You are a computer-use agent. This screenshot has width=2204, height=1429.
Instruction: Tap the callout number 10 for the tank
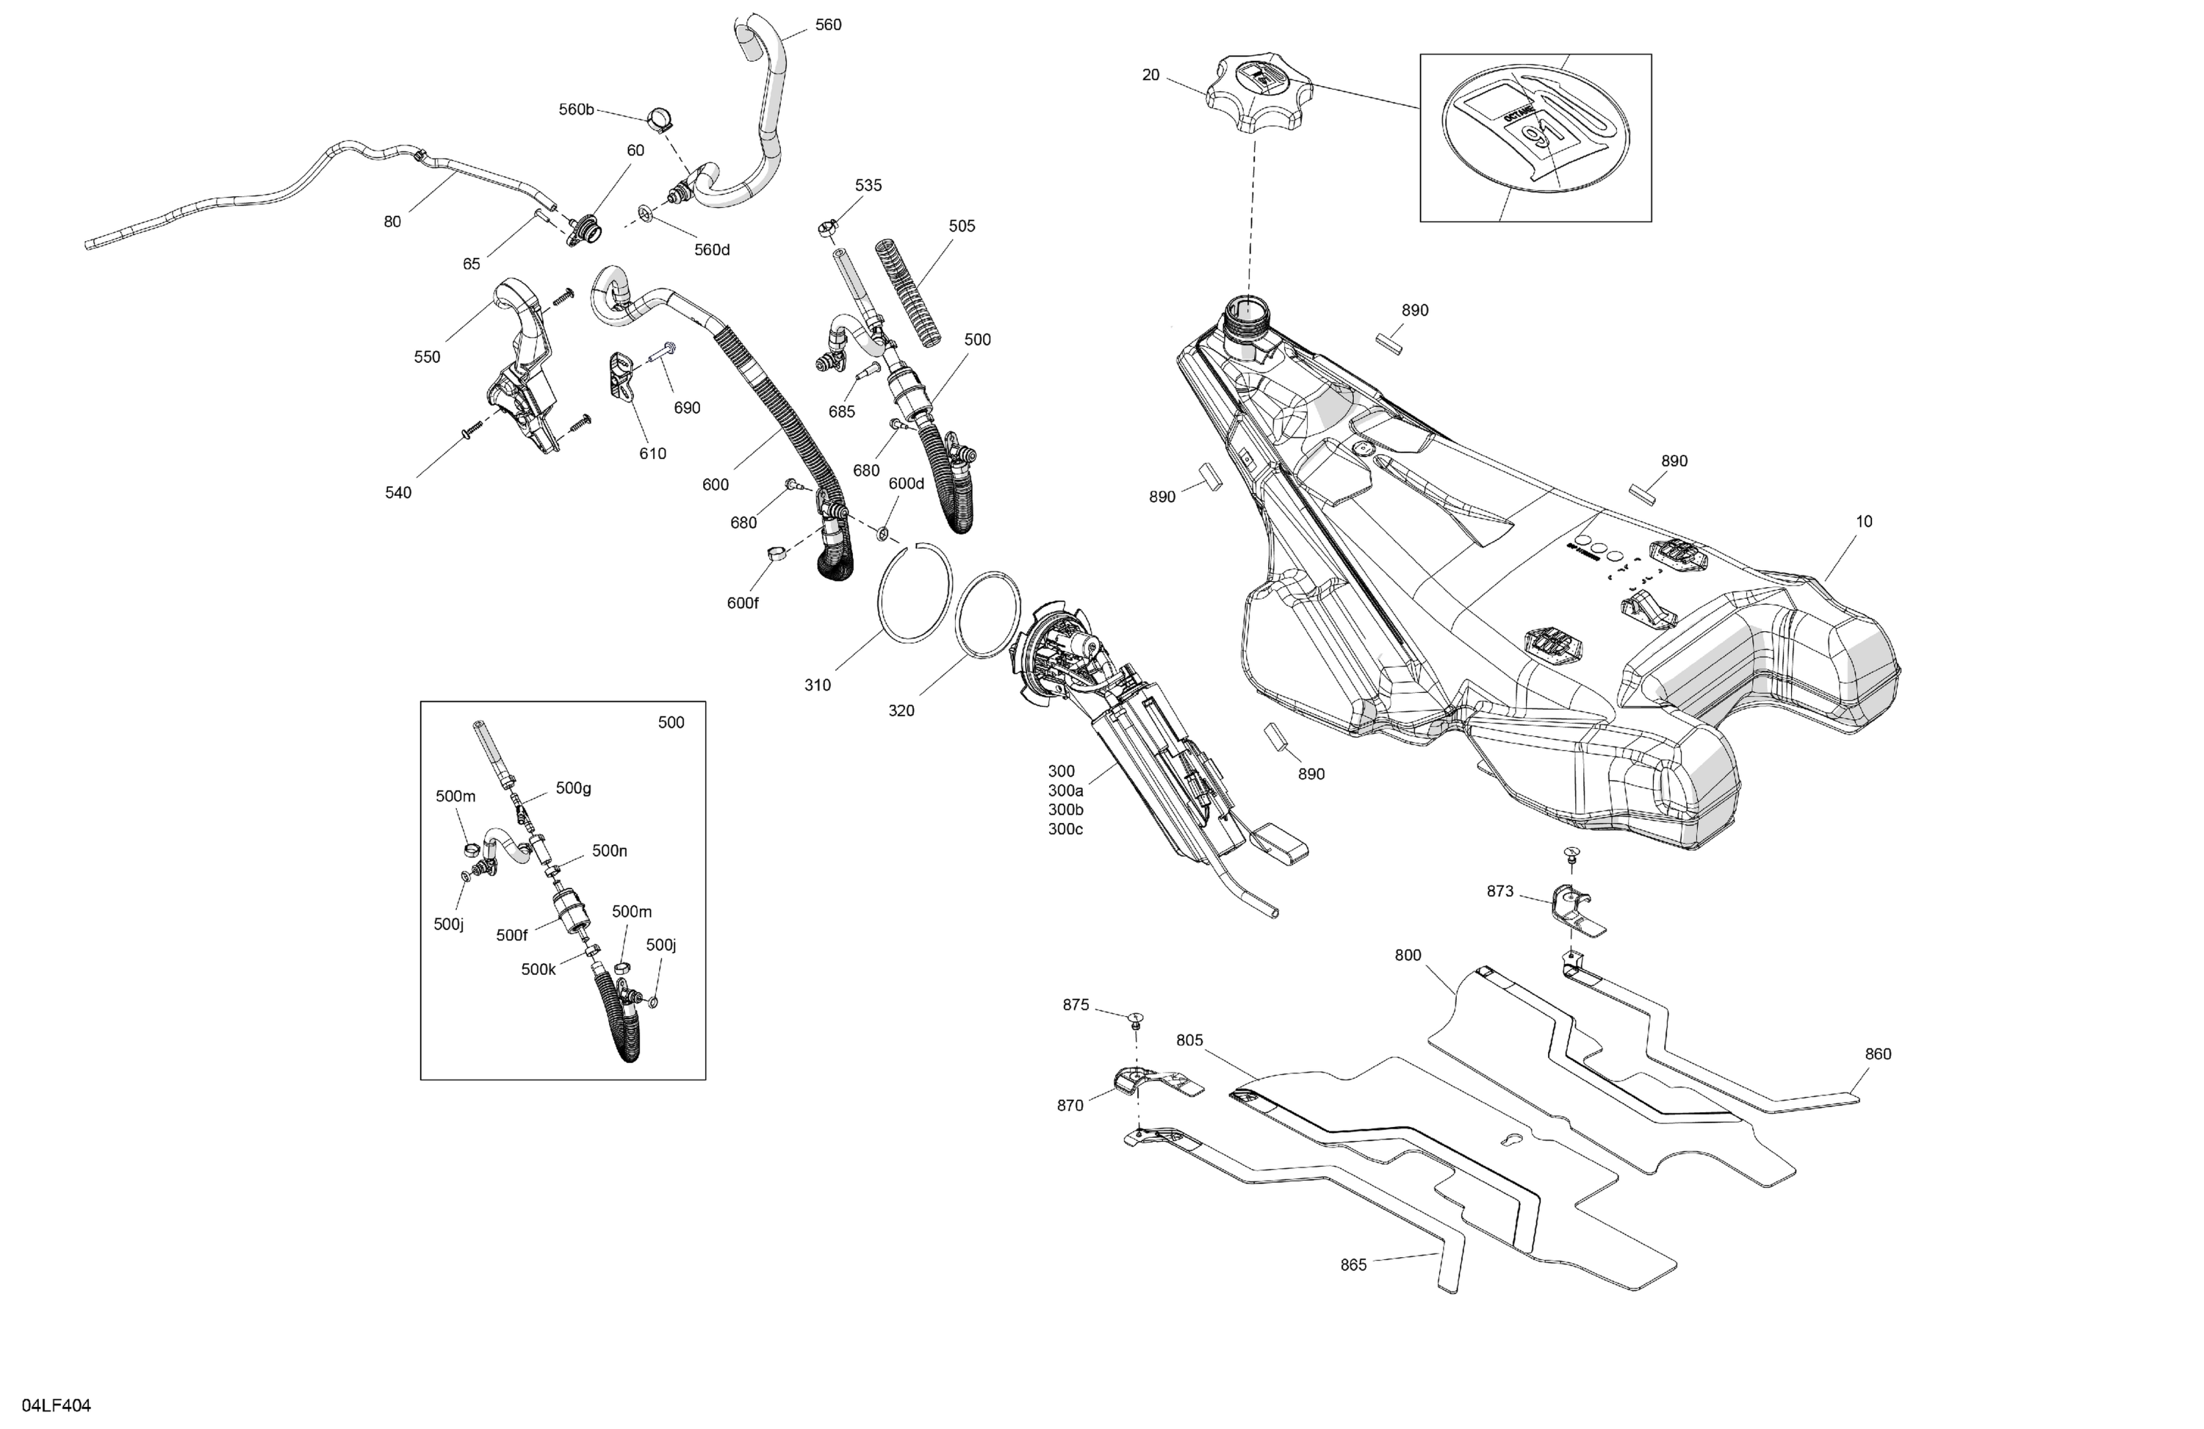point(1863,522)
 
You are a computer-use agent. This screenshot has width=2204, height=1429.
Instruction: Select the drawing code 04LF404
point(57,1405)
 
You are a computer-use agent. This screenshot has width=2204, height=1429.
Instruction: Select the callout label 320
point(900,710)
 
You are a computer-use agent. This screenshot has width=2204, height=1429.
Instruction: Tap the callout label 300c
point(1065,829)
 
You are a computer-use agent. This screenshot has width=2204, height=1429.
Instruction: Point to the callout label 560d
point(711,249)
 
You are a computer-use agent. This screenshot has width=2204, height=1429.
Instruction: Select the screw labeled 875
point(1135,1020)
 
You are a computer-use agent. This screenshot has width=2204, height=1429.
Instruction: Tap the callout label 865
point(1353,1265)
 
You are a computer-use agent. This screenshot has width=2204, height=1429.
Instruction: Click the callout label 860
point(1877,1054)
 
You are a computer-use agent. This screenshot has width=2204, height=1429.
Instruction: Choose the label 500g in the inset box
point(573,788)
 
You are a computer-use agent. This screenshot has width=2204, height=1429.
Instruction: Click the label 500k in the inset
point(538,970)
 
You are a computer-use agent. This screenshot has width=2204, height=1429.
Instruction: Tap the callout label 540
point(398,493)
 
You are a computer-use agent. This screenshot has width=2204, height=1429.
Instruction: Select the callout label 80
point(392,221)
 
